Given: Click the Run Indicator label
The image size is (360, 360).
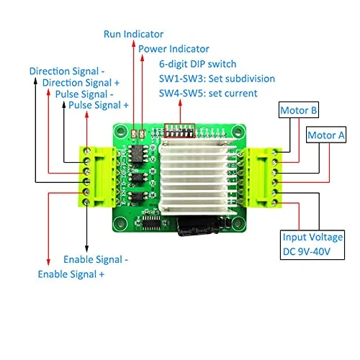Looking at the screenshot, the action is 133,34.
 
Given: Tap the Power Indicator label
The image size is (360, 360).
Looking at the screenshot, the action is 174,49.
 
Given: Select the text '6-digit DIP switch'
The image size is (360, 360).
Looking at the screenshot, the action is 198,64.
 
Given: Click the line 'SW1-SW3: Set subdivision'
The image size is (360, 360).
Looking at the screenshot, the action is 217,78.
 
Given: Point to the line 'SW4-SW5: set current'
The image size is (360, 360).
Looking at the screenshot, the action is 208,94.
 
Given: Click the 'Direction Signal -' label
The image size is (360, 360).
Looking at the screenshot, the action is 67,71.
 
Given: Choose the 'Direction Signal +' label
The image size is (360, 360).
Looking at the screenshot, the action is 81,83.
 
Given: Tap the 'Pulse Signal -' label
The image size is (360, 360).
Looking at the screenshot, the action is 84,94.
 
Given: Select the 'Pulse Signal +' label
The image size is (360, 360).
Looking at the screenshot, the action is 99,105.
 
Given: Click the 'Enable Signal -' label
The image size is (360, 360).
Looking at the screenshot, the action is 96,259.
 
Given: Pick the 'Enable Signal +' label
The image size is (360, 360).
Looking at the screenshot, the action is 71,274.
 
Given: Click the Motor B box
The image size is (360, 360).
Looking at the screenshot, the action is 299,109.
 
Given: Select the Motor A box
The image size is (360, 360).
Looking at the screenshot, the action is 326,135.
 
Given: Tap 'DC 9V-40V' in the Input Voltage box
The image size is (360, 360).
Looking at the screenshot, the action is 307,251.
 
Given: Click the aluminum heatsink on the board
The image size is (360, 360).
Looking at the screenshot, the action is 194,176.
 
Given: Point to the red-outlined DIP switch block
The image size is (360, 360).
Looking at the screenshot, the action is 180,131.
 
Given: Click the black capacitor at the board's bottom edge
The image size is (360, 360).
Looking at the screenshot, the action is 198,226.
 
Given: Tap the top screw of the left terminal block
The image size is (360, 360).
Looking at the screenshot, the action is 87,150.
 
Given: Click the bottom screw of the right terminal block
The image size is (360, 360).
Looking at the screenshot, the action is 274,203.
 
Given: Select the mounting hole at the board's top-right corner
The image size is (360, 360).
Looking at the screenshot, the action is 238,131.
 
